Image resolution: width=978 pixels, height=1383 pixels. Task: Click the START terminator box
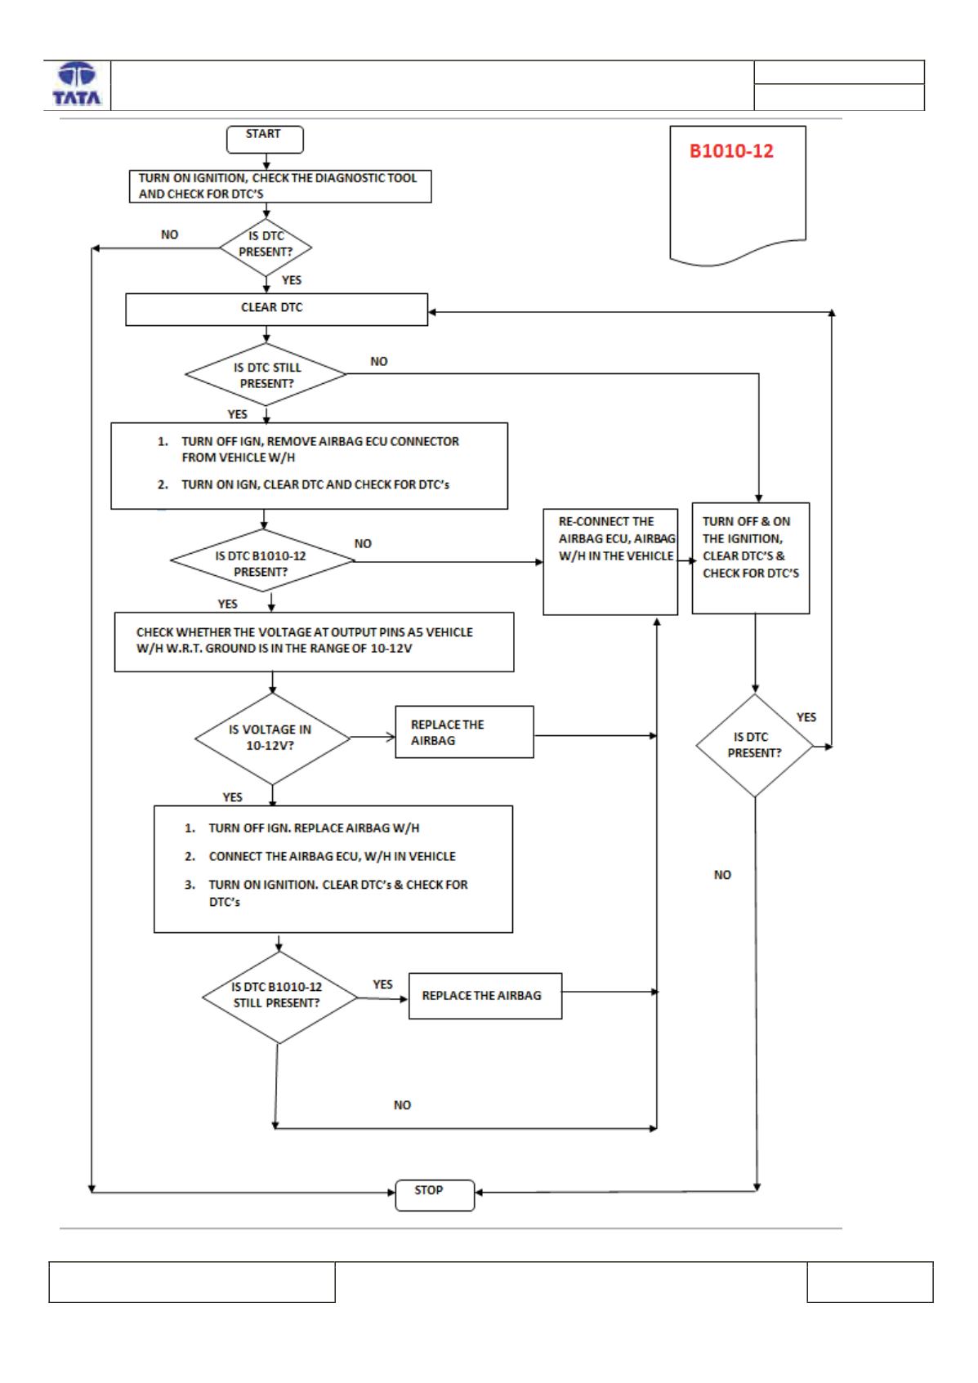(265, 140)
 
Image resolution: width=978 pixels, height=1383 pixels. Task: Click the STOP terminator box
(435, 1195)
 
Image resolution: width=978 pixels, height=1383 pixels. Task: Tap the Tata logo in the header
(77, 84)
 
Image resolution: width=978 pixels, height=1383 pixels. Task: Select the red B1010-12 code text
(731, 151)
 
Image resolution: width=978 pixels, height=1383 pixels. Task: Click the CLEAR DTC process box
(277, 310)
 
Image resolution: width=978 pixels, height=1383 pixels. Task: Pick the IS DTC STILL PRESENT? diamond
(266, 375)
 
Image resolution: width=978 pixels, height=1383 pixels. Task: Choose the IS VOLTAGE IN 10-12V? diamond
(272, 738)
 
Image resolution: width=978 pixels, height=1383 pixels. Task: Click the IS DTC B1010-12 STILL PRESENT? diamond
(279, 997)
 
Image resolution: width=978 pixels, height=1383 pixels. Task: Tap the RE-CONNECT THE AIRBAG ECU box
(610, 561)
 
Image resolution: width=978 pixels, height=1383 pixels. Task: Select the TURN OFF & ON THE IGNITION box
(750, 558)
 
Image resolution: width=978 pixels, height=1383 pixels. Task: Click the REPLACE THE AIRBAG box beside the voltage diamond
(464, 732)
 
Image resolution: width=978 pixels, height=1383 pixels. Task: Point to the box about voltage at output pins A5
(314, 641)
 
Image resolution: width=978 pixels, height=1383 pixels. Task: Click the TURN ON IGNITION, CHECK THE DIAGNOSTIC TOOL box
(280, 186)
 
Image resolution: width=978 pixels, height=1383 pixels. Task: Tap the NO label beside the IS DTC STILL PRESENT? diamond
(379, 362)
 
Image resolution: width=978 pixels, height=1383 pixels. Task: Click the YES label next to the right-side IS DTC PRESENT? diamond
(806, 717)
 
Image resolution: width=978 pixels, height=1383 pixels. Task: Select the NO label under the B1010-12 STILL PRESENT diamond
(402, 1105)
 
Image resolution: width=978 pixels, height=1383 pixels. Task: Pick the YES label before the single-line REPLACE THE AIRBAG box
(382, 985)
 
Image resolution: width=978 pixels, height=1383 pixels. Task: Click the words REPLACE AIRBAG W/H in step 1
(357, 828)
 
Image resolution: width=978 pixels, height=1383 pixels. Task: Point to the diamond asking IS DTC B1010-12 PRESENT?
(262, 560)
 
